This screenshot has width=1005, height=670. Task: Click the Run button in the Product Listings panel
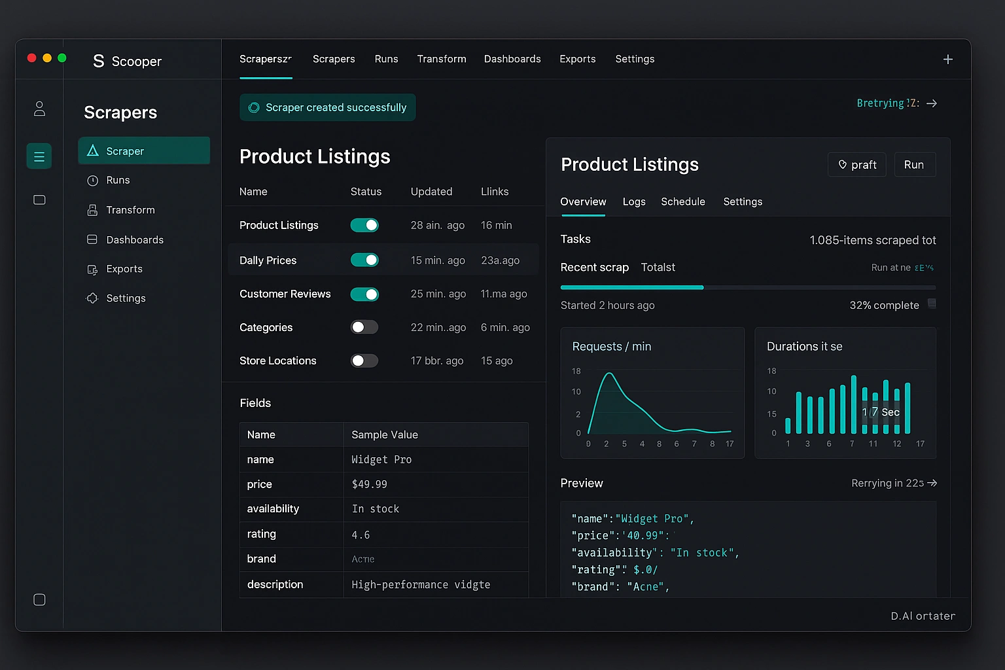(914, 165)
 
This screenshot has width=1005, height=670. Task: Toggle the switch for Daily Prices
(364, 260)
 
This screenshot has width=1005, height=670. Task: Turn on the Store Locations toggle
(364, 361)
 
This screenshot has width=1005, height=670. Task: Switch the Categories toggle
(364, 327)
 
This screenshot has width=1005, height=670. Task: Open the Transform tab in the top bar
(442, 59)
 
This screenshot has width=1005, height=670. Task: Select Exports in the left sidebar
(124, 269)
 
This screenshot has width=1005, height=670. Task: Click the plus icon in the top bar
(947, 60)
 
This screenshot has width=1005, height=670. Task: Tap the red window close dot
(31, 58)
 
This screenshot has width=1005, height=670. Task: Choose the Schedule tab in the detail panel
(682, 202)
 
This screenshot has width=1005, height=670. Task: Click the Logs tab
(634, 202)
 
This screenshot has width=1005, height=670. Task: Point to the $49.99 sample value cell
(370, 484)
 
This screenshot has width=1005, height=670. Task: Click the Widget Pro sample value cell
(381, 460)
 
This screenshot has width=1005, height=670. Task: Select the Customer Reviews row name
(285, 294)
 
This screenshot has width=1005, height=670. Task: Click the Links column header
(495, 192)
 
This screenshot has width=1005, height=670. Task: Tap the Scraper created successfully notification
(328, 107)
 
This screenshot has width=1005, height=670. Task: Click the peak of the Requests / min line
(609, 374)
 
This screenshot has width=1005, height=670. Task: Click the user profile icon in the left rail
(39, 109)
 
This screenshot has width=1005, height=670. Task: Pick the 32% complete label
(884, 306)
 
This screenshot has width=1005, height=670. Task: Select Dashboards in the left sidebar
(135, 240)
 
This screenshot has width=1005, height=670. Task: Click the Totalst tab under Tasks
(658, 267)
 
